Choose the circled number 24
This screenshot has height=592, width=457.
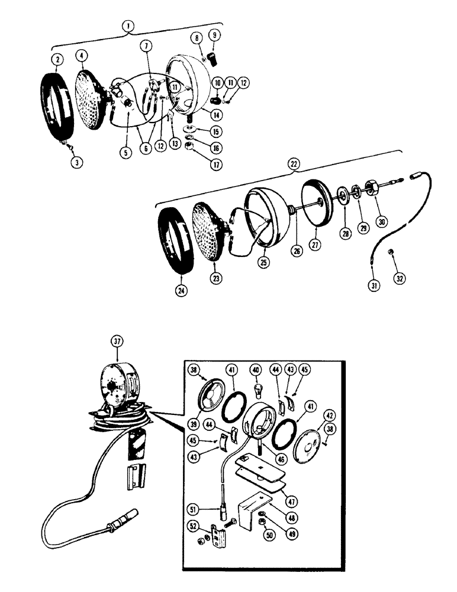pos(181,291)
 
